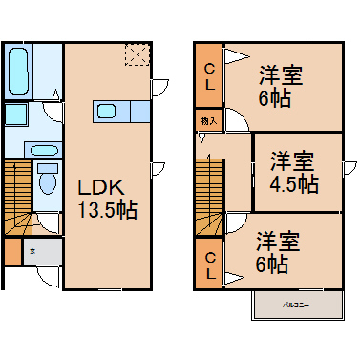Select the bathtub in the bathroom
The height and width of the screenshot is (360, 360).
click(19, 69)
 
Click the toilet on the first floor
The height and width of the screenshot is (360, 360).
click(46, 181)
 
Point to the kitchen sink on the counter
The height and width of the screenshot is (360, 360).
click(107, 112)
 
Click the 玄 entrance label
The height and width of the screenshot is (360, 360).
click(32, 252)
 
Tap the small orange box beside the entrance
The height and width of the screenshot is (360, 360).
click(11, 252)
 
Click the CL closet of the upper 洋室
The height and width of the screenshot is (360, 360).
click(210, 75)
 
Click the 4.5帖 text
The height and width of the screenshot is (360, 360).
click(293, 182)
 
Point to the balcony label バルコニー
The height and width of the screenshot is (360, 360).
click(297, 305)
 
